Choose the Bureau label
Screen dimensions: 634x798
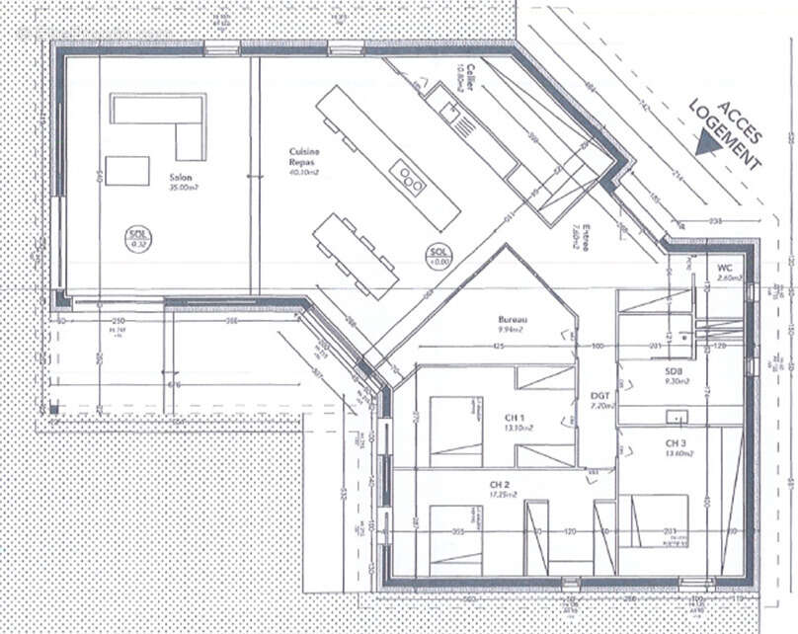513,320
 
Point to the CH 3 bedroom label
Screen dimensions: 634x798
676,442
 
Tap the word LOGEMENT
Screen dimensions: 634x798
724,135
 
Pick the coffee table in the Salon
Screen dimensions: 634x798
126,171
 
